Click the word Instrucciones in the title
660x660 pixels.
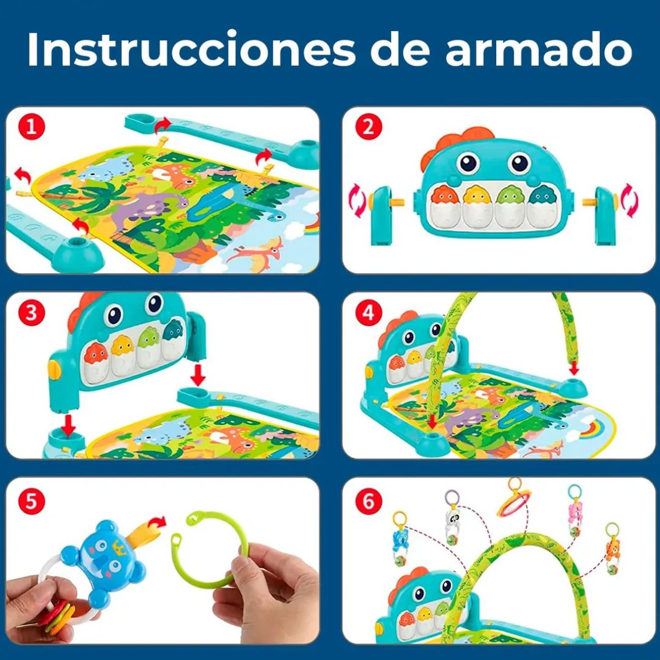tap(190, 50)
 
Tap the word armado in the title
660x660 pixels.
tap(538, 50)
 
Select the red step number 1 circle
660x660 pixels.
tap(32, 128)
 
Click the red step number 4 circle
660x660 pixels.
tap(368, 313)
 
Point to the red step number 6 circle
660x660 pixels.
tap(368, 501)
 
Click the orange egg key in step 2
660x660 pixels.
tap(442, 196)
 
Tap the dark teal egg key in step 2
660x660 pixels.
tap(540, 196)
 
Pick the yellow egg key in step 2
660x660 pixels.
tap(475, 196)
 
